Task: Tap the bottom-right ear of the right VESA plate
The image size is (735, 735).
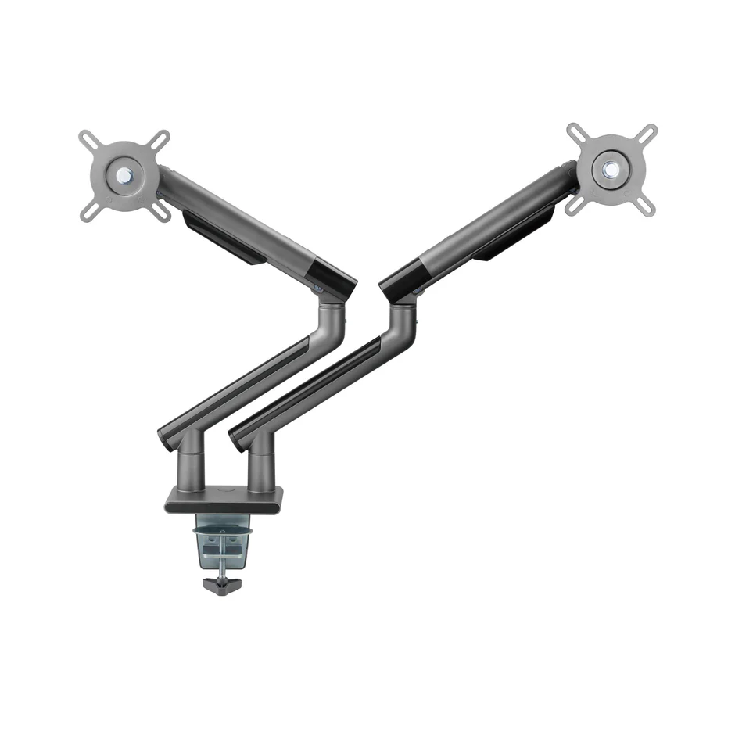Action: (x=646, y=205)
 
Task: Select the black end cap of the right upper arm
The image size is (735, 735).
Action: (x=400, y=282)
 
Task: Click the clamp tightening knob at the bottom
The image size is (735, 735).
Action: (x=221, y=584)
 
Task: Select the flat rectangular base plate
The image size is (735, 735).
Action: (x=224, y=499)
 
